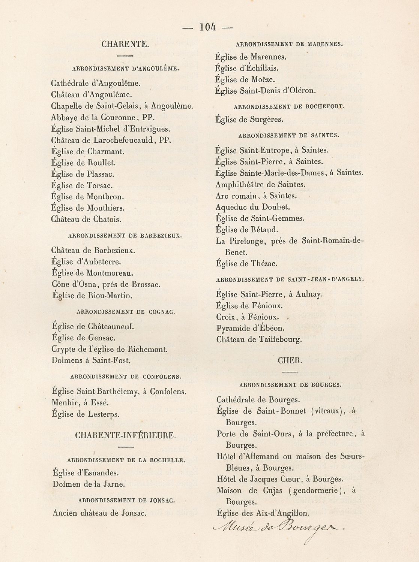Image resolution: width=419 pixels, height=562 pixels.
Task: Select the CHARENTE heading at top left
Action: click(x=125, y=44)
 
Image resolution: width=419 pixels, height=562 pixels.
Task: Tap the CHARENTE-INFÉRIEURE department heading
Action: click(x=125, y=435)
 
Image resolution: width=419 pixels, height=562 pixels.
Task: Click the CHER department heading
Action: click(x=290, y=360)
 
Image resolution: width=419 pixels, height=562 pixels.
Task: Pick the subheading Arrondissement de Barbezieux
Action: click(x=125, y=236)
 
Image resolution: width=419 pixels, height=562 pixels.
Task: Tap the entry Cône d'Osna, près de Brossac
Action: click(x=106, y=284)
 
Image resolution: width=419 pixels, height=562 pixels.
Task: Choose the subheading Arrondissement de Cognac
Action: click(x=125, y=312)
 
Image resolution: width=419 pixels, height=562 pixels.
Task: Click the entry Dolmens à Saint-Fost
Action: click(x=91, y=361)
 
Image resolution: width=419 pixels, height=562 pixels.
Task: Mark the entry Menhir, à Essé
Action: click(x=80, y=403)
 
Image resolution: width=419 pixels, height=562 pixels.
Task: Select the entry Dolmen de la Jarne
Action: click(x=89, y=484)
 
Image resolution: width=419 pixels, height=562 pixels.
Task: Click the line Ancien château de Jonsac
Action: click(x=99, y=513)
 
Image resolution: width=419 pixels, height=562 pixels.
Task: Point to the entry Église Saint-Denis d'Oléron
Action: click(x=266, y=91)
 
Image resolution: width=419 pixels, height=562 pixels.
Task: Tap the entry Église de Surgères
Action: click(x=249, y=120)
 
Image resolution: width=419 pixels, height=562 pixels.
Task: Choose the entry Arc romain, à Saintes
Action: click(x=256, y=196)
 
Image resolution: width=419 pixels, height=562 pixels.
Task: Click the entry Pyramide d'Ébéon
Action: click(x=250, y=329)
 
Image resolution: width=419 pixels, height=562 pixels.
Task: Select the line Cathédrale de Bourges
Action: click(x=258, y=400)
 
